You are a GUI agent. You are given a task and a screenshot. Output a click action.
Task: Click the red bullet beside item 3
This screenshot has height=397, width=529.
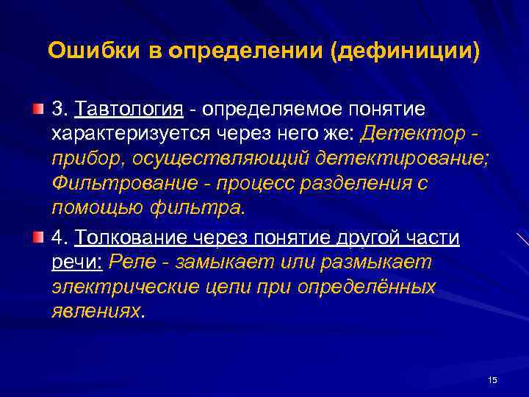pos(37,110)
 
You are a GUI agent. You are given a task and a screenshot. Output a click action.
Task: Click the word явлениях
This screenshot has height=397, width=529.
pos(96,311)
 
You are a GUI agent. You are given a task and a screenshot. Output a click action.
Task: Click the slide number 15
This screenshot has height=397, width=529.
pos(492,379)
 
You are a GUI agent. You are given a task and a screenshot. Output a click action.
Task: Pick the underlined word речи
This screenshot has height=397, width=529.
pos(79,262)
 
